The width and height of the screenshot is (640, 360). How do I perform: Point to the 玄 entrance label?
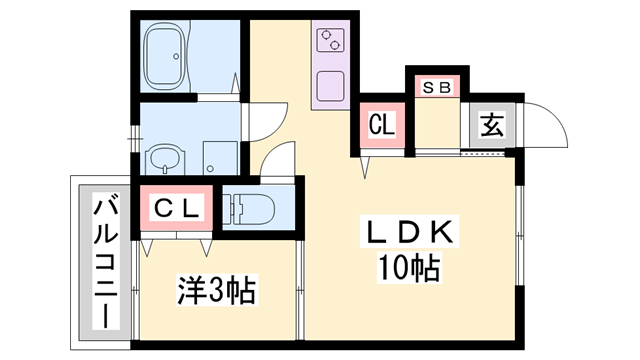pos(491,128)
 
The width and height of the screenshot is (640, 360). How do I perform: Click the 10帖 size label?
pos(410,268)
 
